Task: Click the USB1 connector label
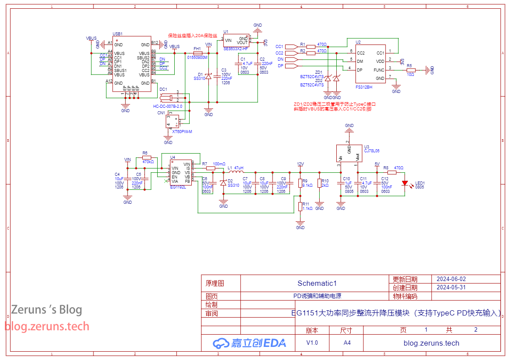point(117,34)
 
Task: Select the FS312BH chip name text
point(364,87)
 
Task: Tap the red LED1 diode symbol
point(405,183)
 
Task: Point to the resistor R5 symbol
point(411,70)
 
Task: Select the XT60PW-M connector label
point(182,131)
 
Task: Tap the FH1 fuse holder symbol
point(197,53)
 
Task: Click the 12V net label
point(300,164)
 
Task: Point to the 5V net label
point(376,164)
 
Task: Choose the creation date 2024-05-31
point(451,288)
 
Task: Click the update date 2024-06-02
point(451,279)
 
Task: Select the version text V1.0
point(312,343)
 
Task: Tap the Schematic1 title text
point(317,283)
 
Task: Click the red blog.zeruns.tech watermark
point(47,326)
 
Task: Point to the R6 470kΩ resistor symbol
point(146,158)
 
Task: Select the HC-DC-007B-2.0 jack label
point(168,106)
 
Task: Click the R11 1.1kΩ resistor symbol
point(300,206)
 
